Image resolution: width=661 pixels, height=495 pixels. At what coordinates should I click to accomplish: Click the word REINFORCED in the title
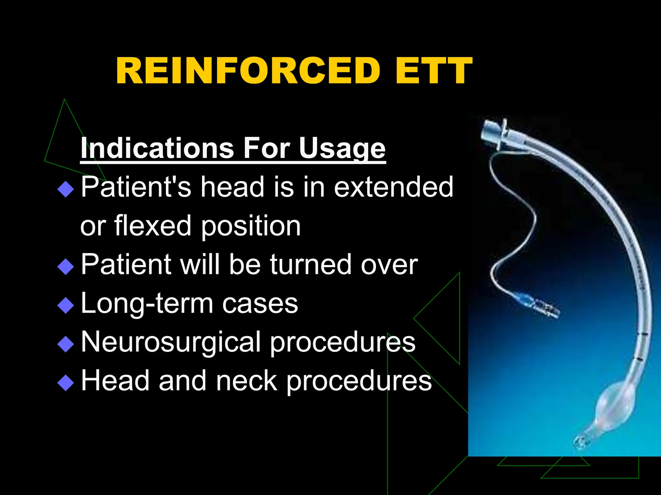tap(248, 71)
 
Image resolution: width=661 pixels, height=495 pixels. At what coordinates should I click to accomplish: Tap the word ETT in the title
tap(434, 71)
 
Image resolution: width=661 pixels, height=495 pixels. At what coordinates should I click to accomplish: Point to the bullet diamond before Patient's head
tap(66, 189)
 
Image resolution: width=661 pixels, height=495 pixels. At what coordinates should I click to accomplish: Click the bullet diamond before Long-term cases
tap(66, 305)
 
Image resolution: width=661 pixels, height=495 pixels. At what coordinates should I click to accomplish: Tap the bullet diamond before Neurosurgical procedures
tap(66, 344)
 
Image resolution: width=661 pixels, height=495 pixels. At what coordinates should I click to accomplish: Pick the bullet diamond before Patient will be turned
tap(66, 267)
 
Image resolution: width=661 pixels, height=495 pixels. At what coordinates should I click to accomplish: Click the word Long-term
tap(147, 304)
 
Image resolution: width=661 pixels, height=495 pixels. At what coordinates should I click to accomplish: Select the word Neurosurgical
tap(171, 342)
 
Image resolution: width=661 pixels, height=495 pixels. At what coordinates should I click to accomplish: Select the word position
tap(251, 226)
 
